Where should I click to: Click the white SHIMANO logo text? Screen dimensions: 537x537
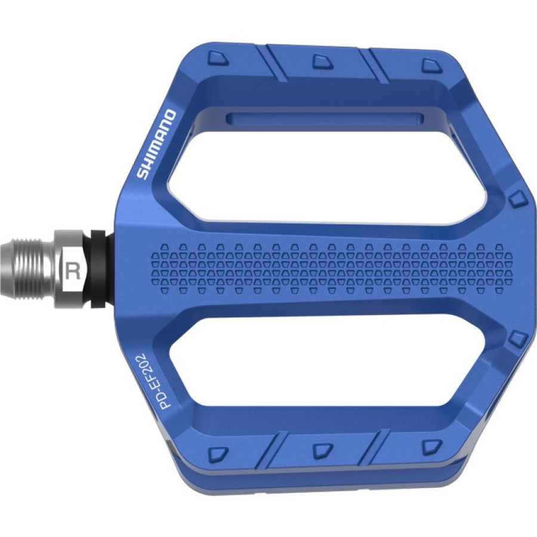pyautogui.click(x=156, y=144)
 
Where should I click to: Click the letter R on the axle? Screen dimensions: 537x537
pyautogui.click(x=72, y=270)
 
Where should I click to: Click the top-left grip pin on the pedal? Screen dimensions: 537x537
pyautogui.click(x=218, y=58)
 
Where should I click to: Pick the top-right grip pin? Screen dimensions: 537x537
pyautogui.click(x=432, y=64)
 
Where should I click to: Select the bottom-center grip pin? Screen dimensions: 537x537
pyautogui.click(x=323, y=450)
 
